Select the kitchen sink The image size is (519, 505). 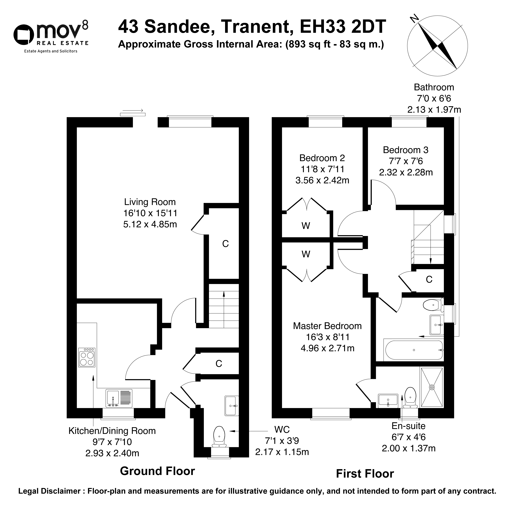[119, 398]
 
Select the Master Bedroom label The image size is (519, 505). [327, 326]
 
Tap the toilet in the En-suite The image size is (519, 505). [410, 397]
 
